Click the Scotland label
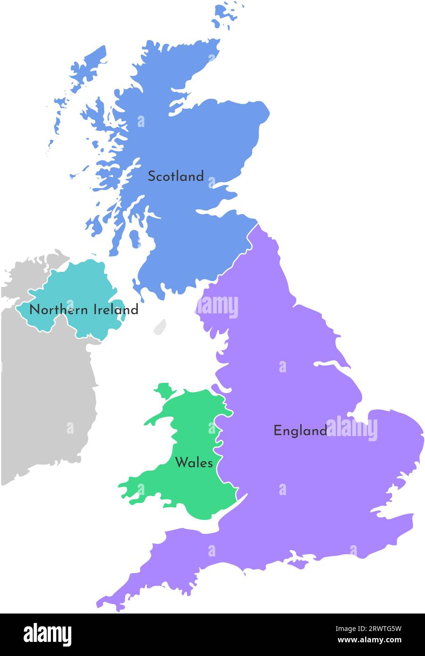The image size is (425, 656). [x=176, y=177]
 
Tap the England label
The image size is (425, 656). [x=300, y=430]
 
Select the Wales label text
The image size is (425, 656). [x=194, y=463]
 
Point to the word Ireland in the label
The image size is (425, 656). [x=116, y=310]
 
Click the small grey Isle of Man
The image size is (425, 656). [x=160, y=326]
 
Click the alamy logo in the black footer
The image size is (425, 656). [x=47, y=634]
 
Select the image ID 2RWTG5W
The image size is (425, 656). [x=376, y=629]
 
